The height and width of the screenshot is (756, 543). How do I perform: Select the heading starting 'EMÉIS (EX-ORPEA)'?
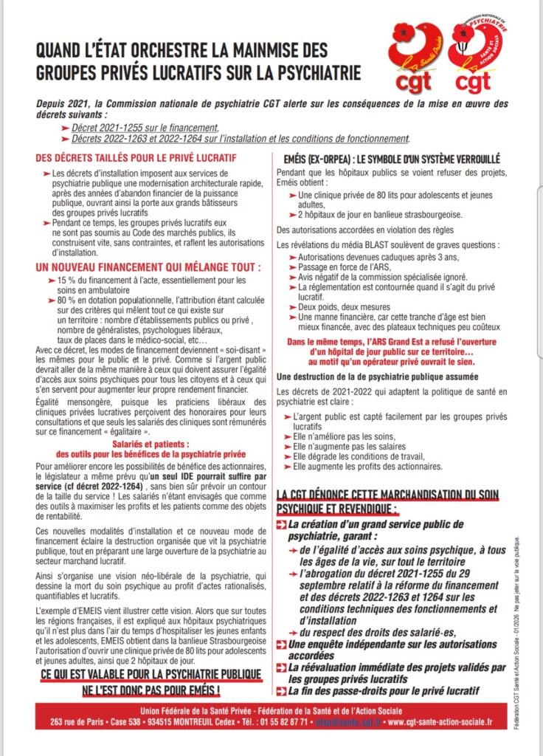tap(392, 159)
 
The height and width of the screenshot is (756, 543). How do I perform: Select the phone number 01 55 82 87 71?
tap(287, 721)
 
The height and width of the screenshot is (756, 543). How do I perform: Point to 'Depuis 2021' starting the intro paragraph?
tap(58, 104)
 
